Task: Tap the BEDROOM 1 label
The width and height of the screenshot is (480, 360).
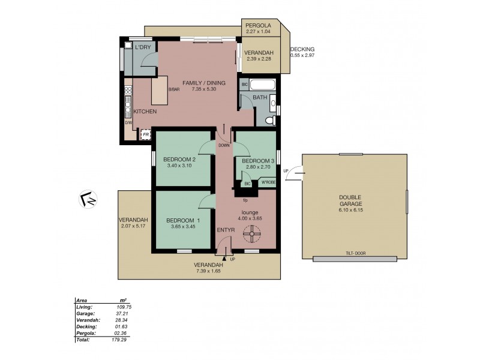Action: tap(183, 221)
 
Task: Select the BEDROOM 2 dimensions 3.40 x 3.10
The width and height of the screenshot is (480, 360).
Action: tap(179, 166)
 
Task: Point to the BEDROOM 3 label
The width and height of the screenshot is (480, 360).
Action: tap(259, 161)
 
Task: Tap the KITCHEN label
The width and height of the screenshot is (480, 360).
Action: tap(145, 112)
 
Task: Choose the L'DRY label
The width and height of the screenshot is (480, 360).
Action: tap(142, 47)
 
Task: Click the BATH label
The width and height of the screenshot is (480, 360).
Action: tap(260, 97)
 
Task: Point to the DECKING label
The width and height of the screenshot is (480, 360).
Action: tap(302, 50)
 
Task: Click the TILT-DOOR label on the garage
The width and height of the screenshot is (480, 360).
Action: tap(356, 254)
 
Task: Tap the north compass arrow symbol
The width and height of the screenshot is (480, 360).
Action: tap(88, 198)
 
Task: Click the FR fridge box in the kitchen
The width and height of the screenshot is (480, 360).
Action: tap(145, 134)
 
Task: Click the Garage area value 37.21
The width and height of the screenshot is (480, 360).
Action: tap(123, 313)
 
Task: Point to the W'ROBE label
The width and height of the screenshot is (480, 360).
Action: tap(267, 184)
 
